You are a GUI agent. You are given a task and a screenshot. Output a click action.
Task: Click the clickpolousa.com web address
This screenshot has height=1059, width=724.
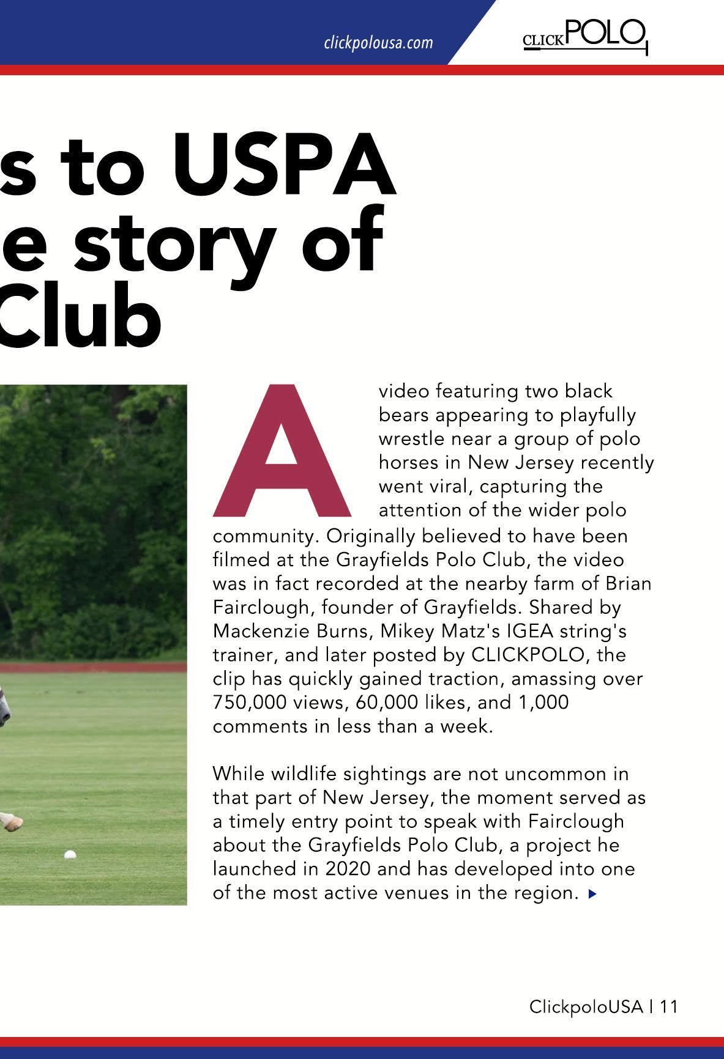pos(378,43)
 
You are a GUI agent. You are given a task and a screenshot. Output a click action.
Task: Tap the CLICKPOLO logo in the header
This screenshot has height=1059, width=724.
pos(584,35)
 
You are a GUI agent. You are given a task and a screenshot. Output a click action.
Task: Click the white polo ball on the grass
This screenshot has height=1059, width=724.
pos(70,854)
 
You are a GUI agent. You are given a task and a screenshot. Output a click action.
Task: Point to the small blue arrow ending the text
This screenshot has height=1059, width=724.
pos(591,894)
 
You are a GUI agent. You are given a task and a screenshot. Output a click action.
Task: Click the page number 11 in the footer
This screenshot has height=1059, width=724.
pos(669,1006)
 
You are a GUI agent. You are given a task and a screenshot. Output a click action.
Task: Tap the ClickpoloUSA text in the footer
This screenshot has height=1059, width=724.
pos(586,1006)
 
